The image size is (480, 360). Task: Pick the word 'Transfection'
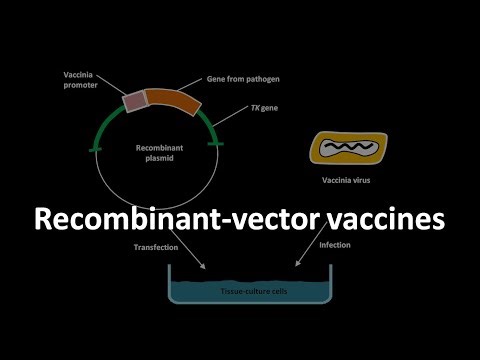[x=154, y=246]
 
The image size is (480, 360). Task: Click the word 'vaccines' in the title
[x=378, y=218]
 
